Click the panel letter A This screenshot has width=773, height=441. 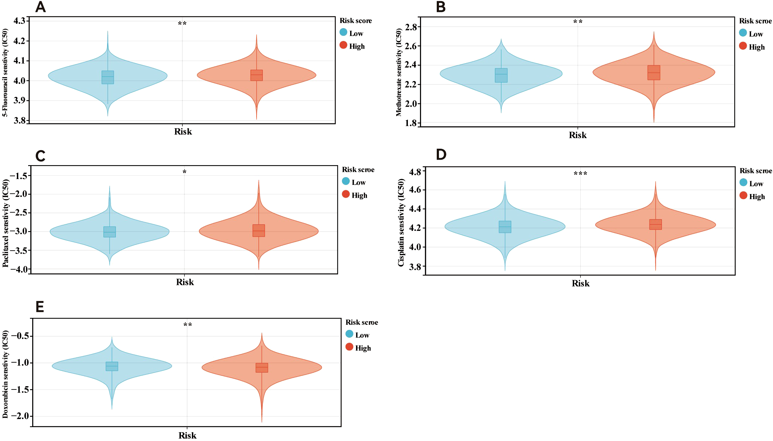coord(41,7)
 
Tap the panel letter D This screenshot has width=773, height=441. coord(441,155)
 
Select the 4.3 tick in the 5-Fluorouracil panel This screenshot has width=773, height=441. coord(19,21)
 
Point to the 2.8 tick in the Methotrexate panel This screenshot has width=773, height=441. coord(411,27)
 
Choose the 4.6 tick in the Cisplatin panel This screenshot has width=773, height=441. coord(415,190)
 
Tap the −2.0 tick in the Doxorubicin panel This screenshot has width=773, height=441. coord(20,416)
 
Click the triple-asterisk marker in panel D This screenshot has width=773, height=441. coord(580,174)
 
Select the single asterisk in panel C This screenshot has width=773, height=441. coord(185,172)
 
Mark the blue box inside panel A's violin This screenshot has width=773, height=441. coord(108,77)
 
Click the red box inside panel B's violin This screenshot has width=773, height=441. coord(654,73)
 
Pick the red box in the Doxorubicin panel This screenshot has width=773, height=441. coord(262,368)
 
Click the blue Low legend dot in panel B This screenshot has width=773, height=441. coord(743,33)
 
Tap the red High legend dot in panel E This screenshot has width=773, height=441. coord(349,347)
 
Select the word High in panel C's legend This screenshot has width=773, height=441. coord(359,195)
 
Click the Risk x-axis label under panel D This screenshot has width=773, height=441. coord(580,283)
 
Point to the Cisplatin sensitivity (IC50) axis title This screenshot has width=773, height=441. coord(401,222)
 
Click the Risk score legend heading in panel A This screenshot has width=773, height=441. coord(356,21)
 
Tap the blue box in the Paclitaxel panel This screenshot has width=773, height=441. coord(110,232)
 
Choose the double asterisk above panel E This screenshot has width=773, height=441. coord(187,325)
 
